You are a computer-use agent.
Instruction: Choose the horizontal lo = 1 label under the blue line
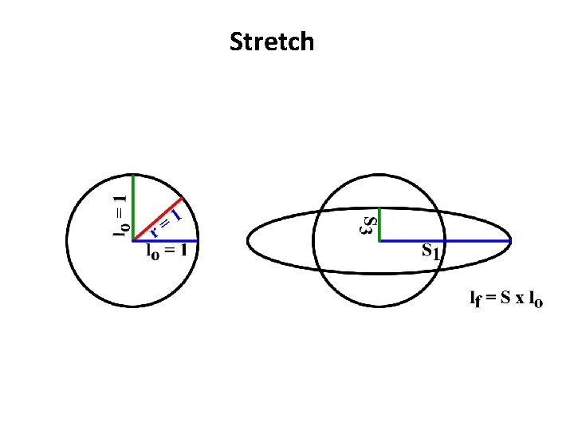point(167,252)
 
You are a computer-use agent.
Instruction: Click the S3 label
point(367,224)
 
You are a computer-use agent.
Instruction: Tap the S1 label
point(431,253)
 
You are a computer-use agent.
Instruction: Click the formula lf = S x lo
point(505,300)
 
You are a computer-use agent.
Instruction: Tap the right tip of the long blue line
point(510,240)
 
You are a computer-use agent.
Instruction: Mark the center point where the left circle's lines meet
point(134,240)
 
